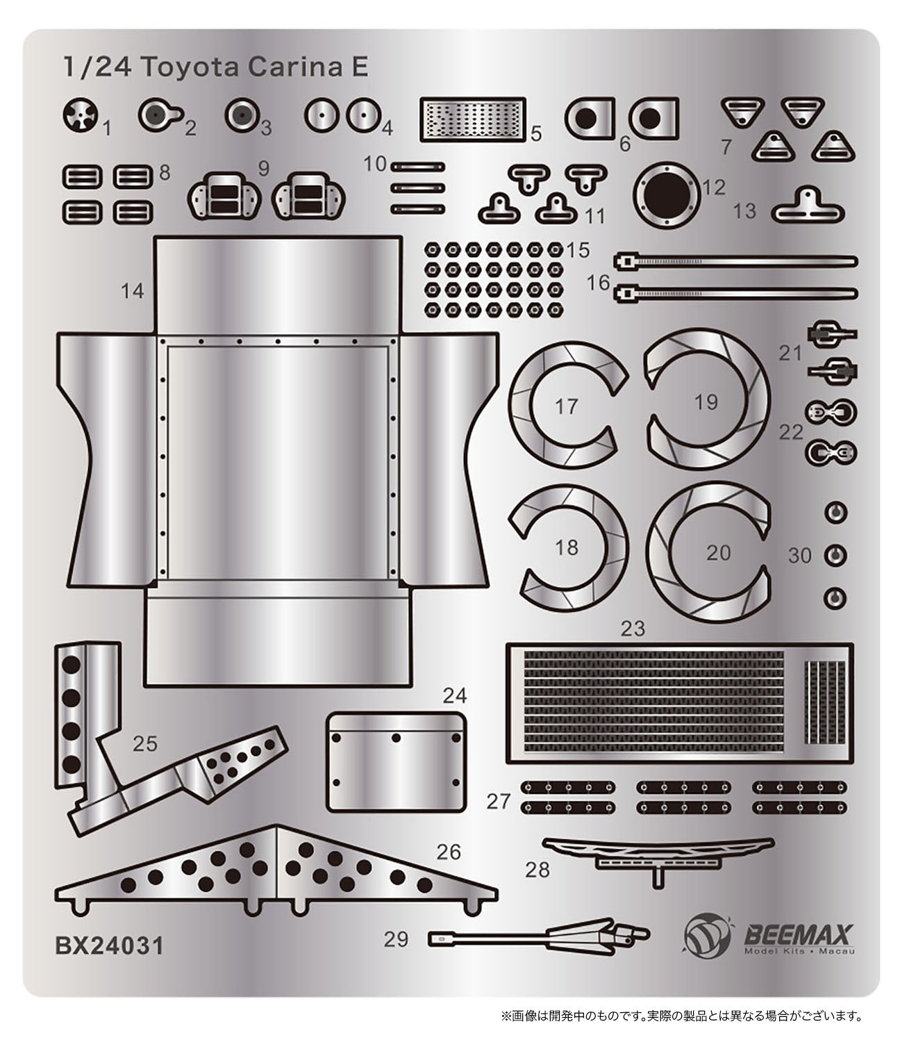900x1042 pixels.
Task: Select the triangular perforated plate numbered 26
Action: pyautogui.click(x=278, y=868)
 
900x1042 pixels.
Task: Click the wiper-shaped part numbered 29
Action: pyautogui.click(x=538, y=937)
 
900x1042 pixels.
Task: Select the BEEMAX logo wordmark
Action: pyautogui.click(x=799, y=931)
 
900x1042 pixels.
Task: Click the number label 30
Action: pyautogui.click(x=799, y=556)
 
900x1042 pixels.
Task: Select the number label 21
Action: pyautogui.click(x=790, y=353)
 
